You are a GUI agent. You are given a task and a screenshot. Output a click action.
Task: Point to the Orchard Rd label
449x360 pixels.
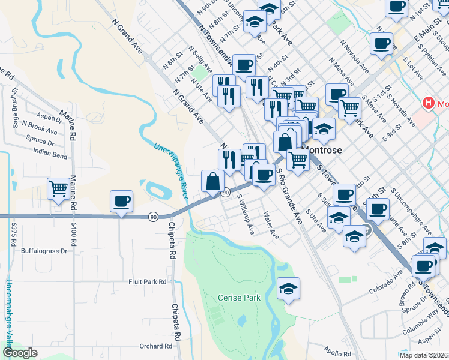[155, 346]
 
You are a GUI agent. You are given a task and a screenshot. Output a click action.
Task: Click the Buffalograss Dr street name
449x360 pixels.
[46, 250]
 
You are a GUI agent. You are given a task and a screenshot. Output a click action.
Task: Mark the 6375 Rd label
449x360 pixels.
[13, 236]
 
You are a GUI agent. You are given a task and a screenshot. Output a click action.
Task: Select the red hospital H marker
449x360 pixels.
[428, 103]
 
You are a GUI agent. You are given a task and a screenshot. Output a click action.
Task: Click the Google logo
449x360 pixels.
[20, 353]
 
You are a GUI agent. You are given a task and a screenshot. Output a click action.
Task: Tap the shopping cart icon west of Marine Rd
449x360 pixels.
[59, 188]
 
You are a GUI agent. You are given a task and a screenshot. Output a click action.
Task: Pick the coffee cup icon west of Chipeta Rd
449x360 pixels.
[121, 201]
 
